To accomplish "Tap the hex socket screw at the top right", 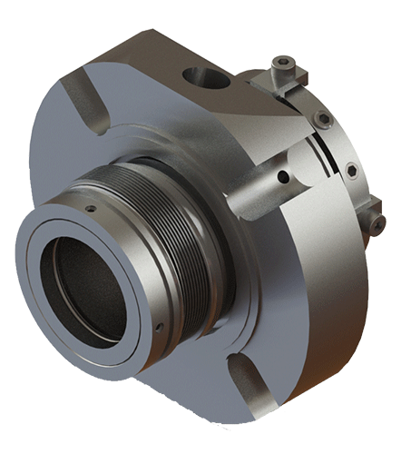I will coord(285,64).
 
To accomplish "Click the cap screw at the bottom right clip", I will coord(376,222).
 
